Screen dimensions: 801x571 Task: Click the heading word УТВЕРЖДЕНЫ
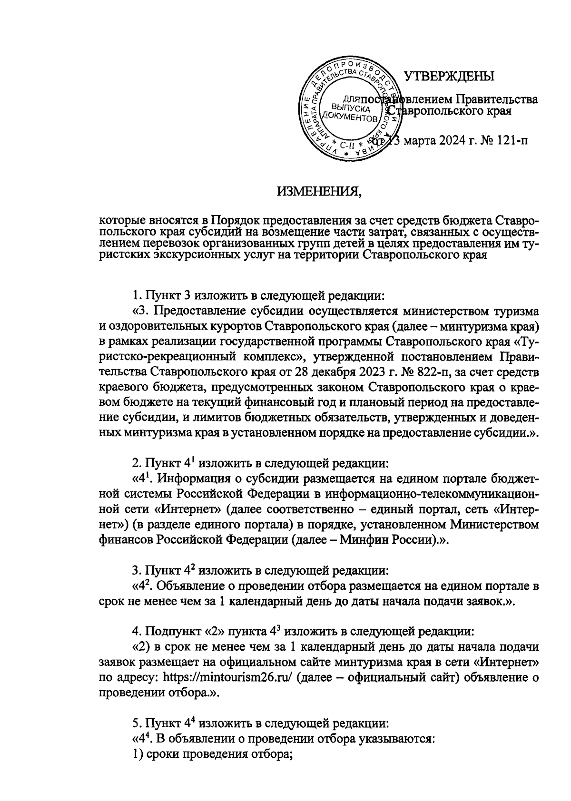pos(449,76)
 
